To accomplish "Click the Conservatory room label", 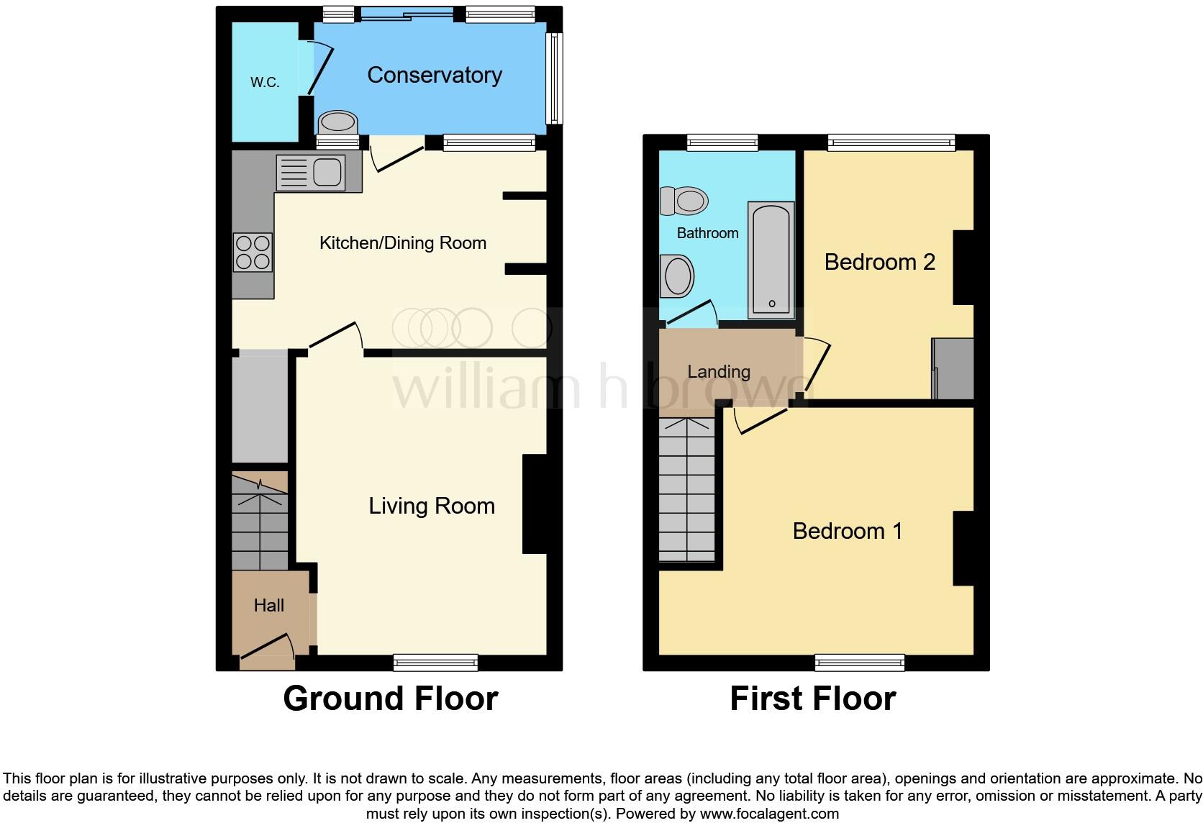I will click(x=435, y=75).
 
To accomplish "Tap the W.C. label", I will click(x=265, y=83).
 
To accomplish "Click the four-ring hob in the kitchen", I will click(x=253, y=252).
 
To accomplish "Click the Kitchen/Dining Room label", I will click(x=402, y=243).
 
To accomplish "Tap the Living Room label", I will click(x=432, y=506).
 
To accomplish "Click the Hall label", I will click(x=268, y=605).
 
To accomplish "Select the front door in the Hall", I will click(x=266, y=647).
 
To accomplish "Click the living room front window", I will click(x=435, y=662).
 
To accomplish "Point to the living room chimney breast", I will click(x=534, y=504).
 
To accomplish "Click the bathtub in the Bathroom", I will click(x=771, y=260).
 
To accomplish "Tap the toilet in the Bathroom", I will click(x=684, y=201).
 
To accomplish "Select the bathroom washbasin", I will click(x=677, y=276).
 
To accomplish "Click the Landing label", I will click(x=718, y=371).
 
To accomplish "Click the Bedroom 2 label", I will click(x=879, y=262).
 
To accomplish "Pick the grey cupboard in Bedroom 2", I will click(x=953, y=368).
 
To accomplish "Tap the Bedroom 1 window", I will click(x=860, y=662).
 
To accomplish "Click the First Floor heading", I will click(x=812, y=699).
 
